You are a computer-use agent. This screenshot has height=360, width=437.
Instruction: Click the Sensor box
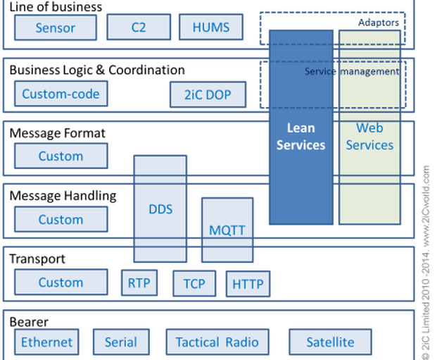(55, 29)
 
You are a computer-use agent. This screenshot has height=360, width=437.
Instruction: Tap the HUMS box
(209, 28)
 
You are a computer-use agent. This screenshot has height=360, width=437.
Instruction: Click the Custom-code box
(61, 94)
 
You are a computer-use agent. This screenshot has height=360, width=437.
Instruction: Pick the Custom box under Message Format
(61, 156)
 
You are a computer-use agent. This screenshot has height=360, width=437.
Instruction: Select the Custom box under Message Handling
(61, 220)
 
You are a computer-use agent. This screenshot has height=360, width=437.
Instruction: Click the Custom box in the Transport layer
(61, 283)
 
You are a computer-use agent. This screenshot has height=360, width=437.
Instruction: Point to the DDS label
(160, 209)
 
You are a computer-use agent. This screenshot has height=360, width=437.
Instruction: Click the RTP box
(139, 284)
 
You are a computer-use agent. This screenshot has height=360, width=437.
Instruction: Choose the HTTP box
(247, 285)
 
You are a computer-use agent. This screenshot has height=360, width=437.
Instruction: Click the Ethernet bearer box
(46, 342)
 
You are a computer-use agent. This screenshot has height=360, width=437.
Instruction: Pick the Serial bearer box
(120, 342)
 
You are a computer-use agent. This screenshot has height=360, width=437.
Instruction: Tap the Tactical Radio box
(217, 342)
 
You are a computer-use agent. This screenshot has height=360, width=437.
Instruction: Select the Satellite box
(330, 342)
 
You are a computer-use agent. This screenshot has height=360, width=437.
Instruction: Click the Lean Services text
(300, 137)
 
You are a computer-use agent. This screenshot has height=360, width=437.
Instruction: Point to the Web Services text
(369, 137)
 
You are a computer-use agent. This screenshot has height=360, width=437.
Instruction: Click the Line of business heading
(56, 7)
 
